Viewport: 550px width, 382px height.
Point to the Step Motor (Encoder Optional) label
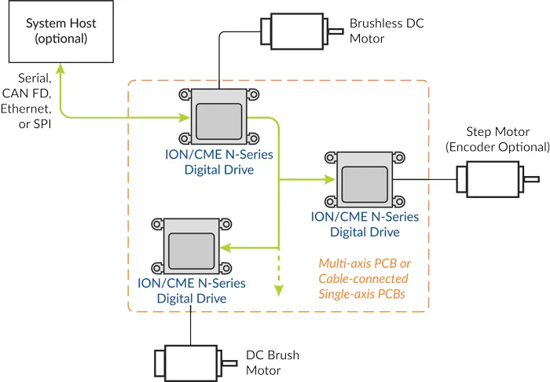coord(497,139)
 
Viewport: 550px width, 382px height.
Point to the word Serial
coord(35,79)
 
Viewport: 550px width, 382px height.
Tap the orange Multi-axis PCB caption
coord(363,278)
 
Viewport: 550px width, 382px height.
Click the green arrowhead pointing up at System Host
coord(59,72)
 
